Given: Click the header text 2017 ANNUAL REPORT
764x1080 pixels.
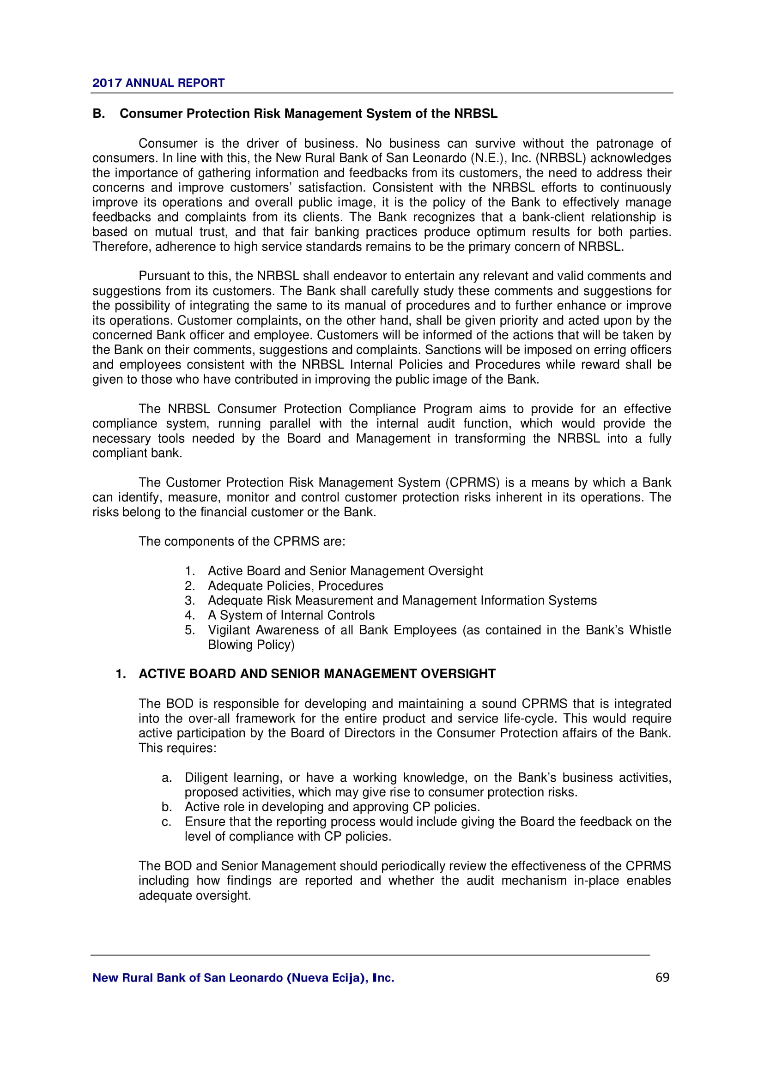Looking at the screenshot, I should pos(158,83).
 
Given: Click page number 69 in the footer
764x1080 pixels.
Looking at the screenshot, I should pos(662,977).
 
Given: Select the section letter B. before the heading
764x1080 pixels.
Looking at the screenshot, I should pos(98,114).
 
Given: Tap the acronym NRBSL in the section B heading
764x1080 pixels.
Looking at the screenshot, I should pos(475,114).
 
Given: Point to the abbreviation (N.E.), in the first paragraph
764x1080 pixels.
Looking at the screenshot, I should pos(491,158).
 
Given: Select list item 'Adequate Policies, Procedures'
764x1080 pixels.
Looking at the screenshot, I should pos(296,585).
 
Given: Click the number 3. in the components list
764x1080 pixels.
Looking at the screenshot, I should pos(189,601).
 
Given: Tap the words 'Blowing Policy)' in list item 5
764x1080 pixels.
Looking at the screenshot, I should pos(251,645).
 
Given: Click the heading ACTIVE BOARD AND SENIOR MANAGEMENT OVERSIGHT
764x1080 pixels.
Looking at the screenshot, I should pos(316,674).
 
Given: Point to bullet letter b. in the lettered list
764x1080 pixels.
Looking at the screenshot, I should pos(167,807).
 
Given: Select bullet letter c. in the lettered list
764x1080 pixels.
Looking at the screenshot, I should pos(167,822).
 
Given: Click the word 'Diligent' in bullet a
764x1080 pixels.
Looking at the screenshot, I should pos(206,778).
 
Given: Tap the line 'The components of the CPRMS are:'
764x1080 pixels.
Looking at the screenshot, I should pos(242,542).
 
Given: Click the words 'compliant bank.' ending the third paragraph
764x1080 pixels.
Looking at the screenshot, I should pos(137,453).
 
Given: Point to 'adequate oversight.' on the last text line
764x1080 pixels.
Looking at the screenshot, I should pos(194,896).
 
